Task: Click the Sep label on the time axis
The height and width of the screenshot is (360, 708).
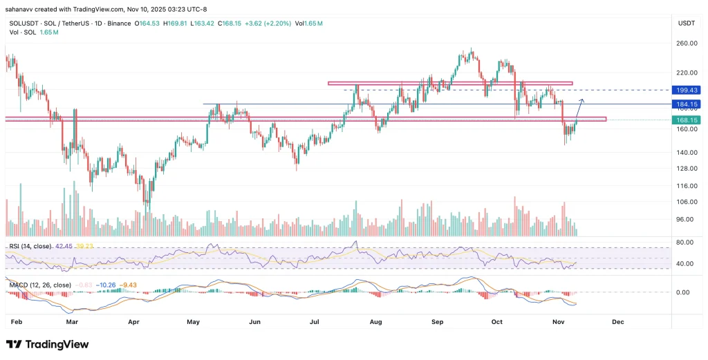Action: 436,321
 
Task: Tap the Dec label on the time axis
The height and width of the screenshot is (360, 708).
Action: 617,321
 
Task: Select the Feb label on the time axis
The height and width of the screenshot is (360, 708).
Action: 17,321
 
